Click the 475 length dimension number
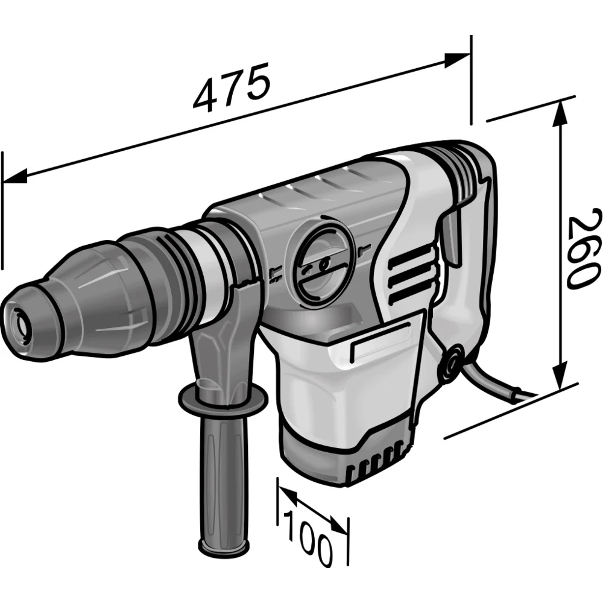232,87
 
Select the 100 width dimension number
308,538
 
